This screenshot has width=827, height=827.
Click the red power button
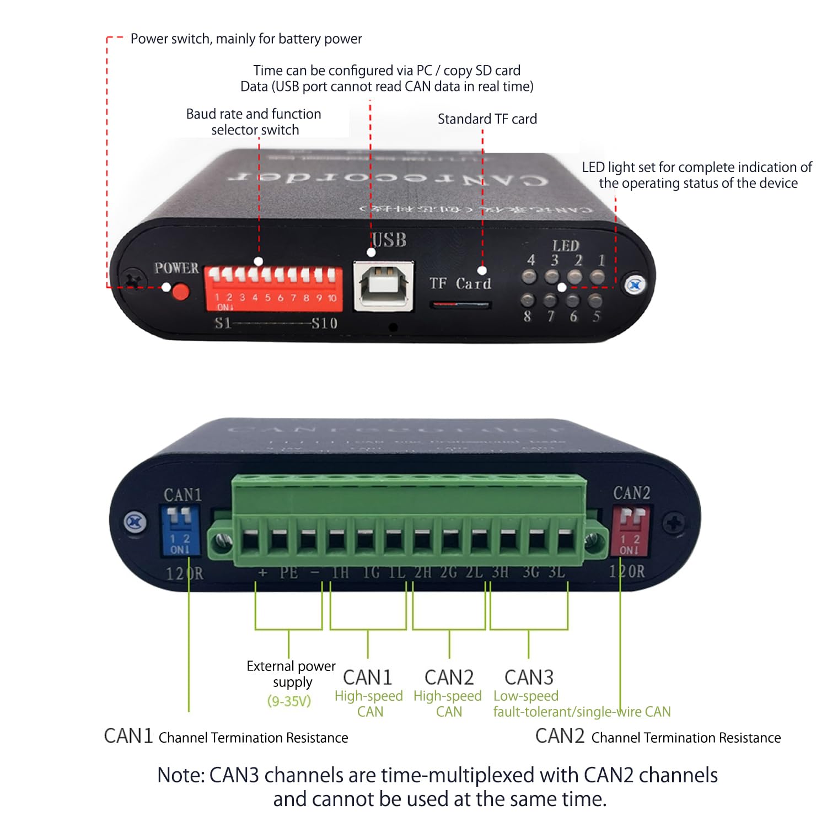[180, 291]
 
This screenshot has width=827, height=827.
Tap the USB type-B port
[383, 286]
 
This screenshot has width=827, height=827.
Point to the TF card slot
[460, 304]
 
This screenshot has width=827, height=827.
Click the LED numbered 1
[598, 276]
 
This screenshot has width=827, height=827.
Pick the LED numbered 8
[528, 300]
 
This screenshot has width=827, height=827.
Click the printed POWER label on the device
[176, 268]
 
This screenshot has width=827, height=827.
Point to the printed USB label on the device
[389, 240]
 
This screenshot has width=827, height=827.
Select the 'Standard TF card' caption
[487, 119]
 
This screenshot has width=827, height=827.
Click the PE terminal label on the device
[288, 573]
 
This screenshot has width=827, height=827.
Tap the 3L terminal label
[557, 572]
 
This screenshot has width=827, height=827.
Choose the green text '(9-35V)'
[289, 701]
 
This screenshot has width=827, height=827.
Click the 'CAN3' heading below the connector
[529, 677]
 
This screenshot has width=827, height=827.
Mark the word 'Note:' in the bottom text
[181, 775]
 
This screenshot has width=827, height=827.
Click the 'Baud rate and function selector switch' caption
[254, 122]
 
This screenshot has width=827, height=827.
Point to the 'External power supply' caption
[291, 674]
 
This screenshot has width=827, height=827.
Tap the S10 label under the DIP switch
[324, 323]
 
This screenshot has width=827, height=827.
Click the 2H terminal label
[423, 572]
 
